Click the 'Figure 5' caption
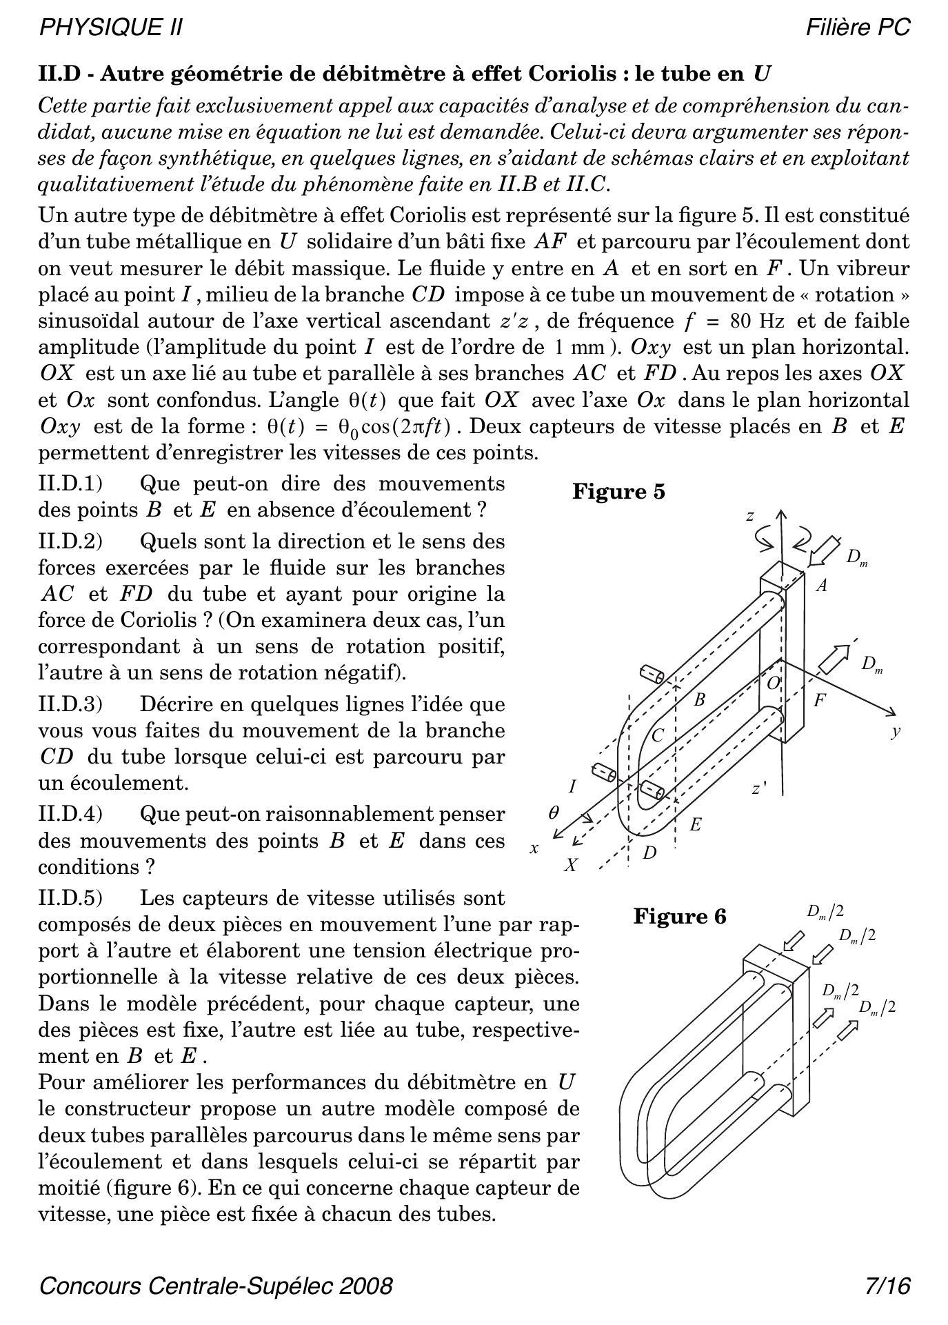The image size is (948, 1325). [x=618, y=492]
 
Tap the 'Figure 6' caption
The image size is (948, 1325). [x=679, y=917]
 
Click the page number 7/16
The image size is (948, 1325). [x=888, y=1286]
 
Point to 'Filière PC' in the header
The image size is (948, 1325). [x=858, y=28]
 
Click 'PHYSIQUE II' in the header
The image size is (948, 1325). [x=111, y=28]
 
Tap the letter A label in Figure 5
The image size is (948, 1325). [x=821, y=586]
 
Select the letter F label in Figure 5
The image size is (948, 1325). [x=819, y=701]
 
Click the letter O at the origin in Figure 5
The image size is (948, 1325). [x=774, y=683]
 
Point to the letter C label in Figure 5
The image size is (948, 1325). [x=657, y=735]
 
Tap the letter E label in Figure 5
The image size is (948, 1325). [x=695, y=824]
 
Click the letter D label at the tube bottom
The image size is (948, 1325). [x=649, y=853]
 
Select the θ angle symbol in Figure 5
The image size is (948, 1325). [x=553, y=813]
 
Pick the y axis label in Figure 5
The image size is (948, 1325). [x=895, y=733]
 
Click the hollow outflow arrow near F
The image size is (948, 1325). [x=834, y=659]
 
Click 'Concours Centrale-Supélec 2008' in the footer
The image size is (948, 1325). [x=216, y=1286]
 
